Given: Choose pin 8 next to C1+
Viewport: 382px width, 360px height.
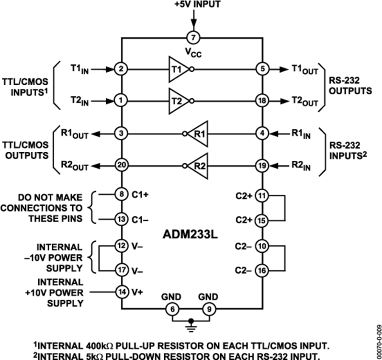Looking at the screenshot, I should click(x=122, y=195).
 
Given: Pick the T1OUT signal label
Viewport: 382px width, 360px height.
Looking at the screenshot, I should click(x=304, y=70).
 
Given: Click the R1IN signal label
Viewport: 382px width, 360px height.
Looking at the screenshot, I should click(x=302, y=135).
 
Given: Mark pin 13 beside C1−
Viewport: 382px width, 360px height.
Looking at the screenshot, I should click(x=122, y=219).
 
